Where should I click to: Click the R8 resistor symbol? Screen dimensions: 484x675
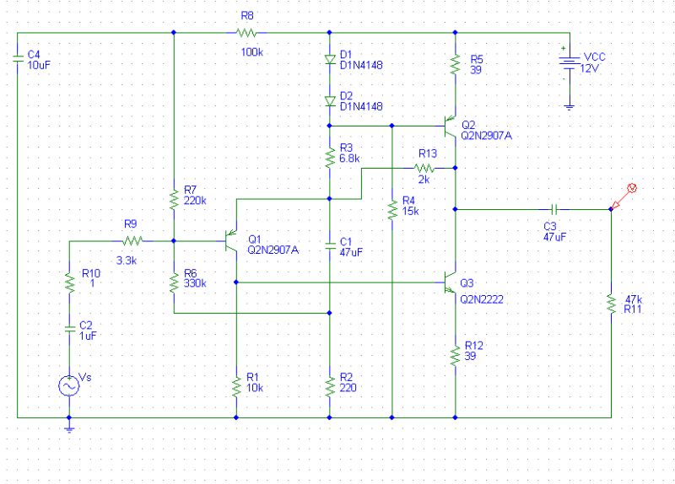[246, 33]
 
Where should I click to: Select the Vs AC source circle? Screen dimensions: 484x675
[68, 385]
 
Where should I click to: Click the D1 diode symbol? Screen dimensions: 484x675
[329, 60]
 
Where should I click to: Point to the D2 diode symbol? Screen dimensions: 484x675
[329, 99]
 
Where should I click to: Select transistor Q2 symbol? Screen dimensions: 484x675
[449, 126]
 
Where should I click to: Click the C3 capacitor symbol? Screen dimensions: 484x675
[553, 207]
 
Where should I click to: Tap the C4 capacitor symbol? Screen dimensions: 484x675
[17, 59]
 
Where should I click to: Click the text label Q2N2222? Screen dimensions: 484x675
[481, 298]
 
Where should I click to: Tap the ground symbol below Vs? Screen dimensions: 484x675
[68, 428]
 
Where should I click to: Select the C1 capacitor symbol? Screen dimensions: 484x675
[329, 245]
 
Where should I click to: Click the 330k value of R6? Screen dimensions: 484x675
[194, 282]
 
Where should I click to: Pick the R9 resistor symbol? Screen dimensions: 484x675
[131, 242]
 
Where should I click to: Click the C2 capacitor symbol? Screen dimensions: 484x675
[68, 329]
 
